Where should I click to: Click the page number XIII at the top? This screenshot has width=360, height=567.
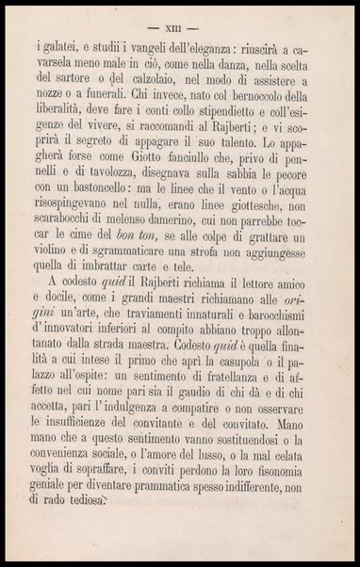(x=179, y=22)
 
